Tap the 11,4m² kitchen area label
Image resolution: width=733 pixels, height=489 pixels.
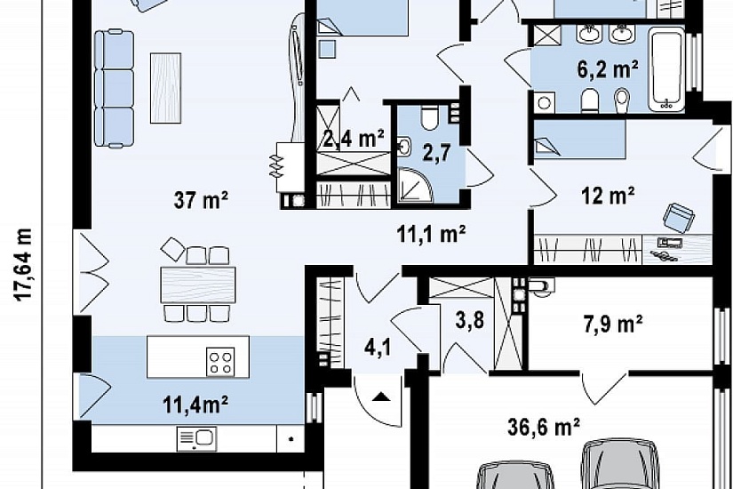195,405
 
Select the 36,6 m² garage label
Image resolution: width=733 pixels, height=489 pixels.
544,427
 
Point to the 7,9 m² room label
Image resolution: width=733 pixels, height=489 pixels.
613,324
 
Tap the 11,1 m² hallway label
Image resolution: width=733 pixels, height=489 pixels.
431,233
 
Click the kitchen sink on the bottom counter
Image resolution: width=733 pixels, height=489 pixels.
195,439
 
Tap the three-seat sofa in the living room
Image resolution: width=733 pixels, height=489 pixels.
114,88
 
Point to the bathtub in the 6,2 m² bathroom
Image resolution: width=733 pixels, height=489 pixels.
666,69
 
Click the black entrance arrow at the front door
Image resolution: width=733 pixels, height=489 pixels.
382,397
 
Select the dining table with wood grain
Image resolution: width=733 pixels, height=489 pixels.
198,285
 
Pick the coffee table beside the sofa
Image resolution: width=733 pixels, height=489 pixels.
165,88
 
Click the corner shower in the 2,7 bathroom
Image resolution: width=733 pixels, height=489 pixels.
416,185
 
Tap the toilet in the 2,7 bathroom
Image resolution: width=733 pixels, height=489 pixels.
428,118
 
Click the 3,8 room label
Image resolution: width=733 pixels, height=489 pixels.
470,321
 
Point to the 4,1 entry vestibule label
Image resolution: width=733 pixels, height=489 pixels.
378,349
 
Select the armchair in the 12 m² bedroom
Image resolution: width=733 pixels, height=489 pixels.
678,218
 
